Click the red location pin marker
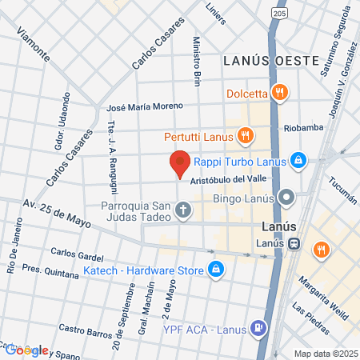[180, 163]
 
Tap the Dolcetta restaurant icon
[279, 92]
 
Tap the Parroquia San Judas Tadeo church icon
[183, 211]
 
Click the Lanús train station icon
[294, 244]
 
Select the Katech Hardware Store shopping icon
[214, 270]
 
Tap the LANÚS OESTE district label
[271, 61]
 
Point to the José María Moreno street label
[146, 107]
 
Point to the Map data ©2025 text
[323, 353]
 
